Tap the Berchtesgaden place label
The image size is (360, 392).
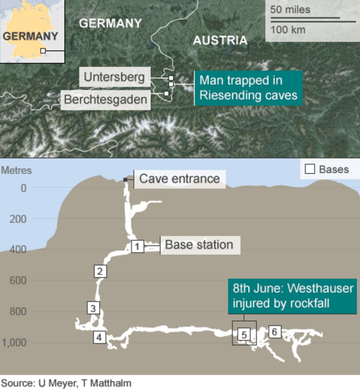105,99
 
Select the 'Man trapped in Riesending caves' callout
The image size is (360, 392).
248,88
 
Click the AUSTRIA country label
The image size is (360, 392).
220,40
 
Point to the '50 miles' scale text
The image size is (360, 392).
290,10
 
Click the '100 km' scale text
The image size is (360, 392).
288,30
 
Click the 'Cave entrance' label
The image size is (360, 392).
179,179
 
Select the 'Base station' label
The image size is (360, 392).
199,245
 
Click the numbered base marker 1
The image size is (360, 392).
137,246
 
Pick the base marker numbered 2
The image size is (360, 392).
100,271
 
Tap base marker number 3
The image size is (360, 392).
93,308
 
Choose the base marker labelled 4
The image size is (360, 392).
99,337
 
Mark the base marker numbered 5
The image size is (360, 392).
244,335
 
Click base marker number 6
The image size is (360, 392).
274,331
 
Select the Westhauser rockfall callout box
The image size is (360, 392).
292,296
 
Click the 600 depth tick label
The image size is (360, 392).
18,281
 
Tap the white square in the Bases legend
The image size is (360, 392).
310,169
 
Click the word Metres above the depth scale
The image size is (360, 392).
17,171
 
